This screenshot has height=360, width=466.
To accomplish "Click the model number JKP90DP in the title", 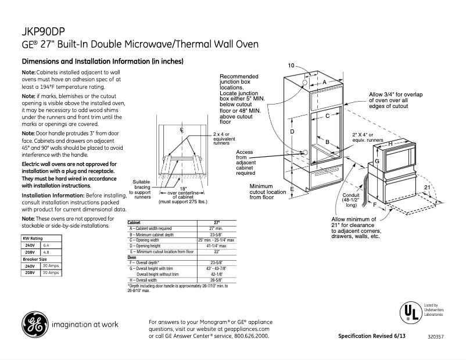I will [x=41, y=31].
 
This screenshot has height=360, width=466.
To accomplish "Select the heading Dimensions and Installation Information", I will [x=102, y=62].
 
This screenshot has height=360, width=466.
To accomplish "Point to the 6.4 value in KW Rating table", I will [x=47, y=246].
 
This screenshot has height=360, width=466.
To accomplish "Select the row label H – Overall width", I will [x=145, y=279].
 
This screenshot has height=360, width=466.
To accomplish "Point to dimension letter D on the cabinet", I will [x=292, y=132].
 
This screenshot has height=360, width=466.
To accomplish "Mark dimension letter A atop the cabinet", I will [x=325, y=82].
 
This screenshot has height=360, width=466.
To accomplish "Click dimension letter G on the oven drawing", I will [x=377, y=161].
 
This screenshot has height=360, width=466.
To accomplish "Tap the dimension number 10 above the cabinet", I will [x=291, y=65].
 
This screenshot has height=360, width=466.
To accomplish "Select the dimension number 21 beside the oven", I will [x=426, y=188].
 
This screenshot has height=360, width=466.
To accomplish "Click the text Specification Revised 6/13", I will [x=371, y=337].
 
